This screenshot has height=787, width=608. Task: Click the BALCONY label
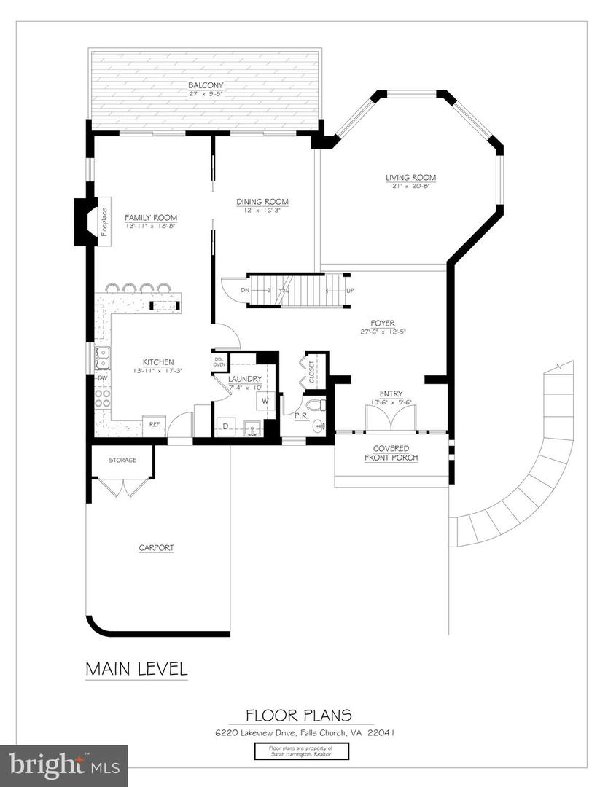205,85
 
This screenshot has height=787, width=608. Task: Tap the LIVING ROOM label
410,177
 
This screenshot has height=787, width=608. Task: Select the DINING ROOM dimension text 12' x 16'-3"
262,211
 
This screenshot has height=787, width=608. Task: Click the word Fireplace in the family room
104,222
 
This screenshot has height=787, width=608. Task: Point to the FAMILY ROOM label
150,217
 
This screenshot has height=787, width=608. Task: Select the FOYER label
382,322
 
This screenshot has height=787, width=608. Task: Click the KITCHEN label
157,361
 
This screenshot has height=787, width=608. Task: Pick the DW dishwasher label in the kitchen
103,378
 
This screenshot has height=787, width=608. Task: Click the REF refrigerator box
154,424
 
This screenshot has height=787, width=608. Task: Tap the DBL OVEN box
219,361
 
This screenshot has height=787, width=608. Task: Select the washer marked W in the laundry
264,401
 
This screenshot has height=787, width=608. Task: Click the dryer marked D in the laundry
225,426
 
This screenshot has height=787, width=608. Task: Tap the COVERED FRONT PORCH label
391,453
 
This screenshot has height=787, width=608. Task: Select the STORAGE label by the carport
122,460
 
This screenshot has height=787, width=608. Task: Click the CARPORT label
156,547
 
